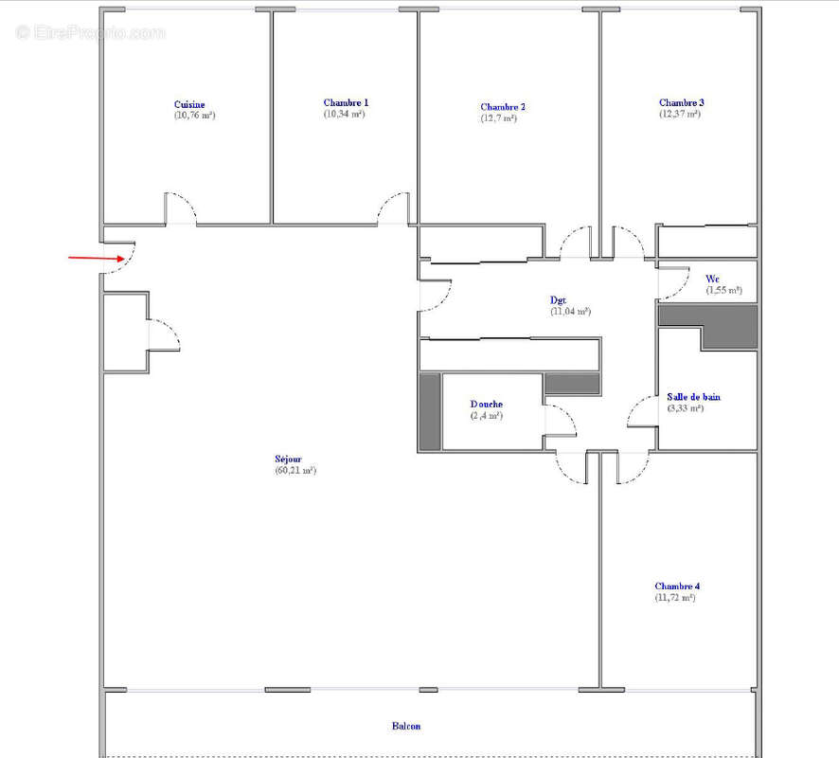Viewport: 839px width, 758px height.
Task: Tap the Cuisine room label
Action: [189, 104]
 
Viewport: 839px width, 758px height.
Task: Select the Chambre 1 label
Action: [346, 102]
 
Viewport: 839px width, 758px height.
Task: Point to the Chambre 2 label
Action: [503, 107]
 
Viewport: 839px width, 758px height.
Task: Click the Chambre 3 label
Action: [682, 102]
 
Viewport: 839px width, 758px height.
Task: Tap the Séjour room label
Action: [289, 459]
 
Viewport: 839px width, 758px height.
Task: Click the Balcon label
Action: [406, 727]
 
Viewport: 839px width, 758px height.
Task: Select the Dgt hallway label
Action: [559, 300]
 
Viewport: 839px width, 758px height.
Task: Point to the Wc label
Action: [712, 279]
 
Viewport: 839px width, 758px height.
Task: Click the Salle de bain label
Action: [693, 397]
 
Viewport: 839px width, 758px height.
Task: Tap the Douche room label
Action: [487, 405]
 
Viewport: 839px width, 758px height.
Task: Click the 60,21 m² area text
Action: [295, 470]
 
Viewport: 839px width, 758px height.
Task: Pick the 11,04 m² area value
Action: [571, 311]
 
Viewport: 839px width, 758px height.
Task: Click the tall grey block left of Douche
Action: [430, 411]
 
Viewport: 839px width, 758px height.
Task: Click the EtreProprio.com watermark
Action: [90, 33]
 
